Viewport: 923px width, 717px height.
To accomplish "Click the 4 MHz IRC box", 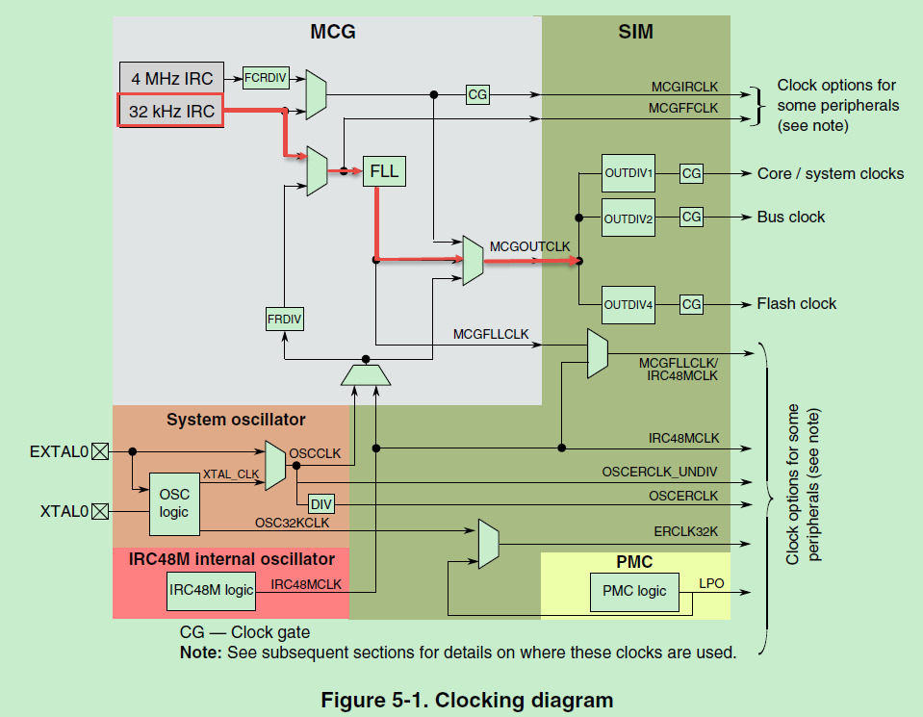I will coord(171,78).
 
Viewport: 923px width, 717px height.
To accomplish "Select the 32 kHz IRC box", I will coord(171,111).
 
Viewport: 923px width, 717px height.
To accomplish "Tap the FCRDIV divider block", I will coord(266,79).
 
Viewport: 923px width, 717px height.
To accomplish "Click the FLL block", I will coord(384,171).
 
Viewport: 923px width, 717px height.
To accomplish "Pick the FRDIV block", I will coord(285,319).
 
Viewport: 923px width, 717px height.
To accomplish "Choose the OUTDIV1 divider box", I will coord(628,173).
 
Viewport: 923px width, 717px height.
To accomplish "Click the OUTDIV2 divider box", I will coord(628,218).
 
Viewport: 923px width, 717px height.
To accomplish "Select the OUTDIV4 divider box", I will coord(628,305).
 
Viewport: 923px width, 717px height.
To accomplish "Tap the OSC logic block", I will coord(173,503).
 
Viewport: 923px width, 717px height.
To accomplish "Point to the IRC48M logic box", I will coord(212,589).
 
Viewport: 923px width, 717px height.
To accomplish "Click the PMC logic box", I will coord(632,590).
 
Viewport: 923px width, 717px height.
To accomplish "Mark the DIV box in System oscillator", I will coord(320,502).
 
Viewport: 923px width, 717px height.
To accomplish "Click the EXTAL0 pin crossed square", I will coord(100,449).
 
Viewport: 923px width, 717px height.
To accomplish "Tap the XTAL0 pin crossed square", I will coord(100,511).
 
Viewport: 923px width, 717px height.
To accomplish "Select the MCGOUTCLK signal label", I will coord(529,246).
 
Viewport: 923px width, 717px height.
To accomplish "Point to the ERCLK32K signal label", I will coord(685,530).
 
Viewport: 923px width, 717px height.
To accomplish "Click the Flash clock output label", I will coord(796,304).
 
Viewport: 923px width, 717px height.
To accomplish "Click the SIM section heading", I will coord(635,32).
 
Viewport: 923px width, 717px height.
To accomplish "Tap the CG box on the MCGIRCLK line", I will coord(477,94).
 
